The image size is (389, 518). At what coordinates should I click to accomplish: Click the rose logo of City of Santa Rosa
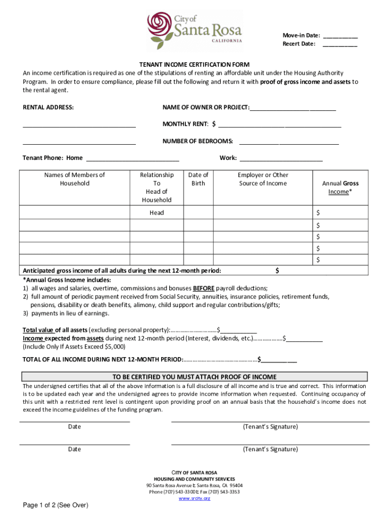[x=160, y=30]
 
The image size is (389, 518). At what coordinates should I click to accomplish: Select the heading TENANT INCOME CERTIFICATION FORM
[x=194, y=65]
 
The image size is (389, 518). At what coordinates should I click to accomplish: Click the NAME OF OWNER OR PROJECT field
[x=293, y=109]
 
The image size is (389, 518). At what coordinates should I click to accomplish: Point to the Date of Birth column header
[x=198, y=179]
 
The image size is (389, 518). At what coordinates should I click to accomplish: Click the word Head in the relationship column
[x=157, y=213]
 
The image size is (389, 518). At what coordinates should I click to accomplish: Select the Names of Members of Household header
[x=74, y=179]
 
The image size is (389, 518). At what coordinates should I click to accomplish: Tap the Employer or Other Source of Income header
[x=263, y=179]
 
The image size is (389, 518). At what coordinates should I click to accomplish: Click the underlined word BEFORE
[x=204, y=288]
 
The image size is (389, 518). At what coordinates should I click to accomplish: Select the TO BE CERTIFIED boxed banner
[x=194, y=377]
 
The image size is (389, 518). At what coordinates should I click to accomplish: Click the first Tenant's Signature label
[x=270, y=426]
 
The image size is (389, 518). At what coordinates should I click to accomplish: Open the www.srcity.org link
[x=194, y=498]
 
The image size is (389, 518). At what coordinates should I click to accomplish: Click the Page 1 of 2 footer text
[x=56, y=505]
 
